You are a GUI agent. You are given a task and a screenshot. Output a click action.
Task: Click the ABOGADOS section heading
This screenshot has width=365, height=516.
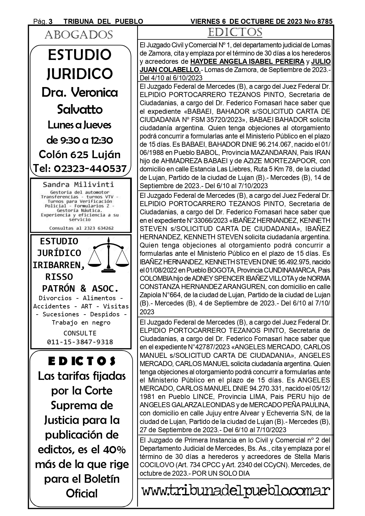79,35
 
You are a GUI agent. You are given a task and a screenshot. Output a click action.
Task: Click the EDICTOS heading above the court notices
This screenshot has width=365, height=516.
235,32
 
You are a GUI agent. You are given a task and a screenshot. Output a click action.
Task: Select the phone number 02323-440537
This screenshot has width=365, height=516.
91,169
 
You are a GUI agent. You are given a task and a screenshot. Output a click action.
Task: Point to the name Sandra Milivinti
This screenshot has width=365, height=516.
78,185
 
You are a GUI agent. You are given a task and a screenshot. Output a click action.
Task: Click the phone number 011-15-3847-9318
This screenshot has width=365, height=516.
80,342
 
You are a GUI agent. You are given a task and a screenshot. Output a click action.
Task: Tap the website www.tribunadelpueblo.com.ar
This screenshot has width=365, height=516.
236,491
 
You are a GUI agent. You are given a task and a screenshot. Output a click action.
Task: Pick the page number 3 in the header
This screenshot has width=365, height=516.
51,21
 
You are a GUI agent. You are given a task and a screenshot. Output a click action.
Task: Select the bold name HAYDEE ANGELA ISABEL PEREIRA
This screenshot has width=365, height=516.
247,62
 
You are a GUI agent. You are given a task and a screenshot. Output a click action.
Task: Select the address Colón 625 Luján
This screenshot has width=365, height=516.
80,154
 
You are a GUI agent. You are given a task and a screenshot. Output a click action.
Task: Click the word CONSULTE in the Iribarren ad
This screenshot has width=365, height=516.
80,333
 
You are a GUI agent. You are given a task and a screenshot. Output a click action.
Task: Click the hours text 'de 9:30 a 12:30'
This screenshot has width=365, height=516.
80,140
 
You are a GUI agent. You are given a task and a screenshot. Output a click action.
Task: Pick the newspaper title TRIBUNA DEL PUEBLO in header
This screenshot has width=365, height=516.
103,21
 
